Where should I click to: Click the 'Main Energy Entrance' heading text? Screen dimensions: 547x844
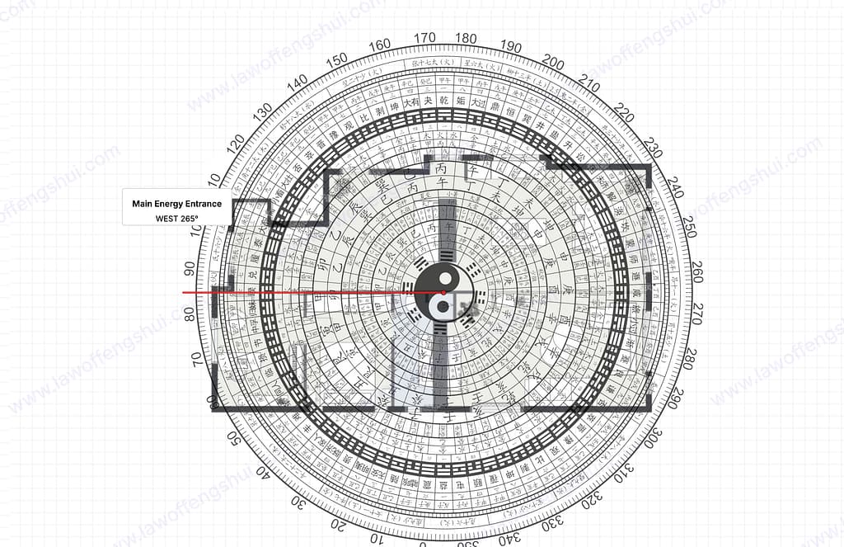(176, 203)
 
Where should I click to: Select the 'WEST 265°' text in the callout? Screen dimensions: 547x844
(176, 219)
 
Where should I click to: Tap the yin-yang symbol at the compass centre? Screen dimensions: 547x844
(443, 292)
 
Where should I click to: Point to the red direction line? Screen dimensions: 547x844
(313, 292)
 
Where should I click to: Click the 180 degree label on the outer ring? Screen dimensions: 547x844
(466, 38)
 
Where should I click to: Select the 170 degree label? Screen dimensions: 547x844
(424, 38)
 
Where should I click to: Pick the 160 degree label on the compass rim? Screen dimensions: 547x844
(380, 45)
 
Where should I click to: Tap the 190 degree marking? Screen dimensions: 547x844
(511, 46)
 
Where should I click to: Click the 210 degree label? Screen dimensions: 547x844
(589, 85)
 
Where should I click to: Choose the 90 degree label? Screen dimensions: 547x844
(189, 269)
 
